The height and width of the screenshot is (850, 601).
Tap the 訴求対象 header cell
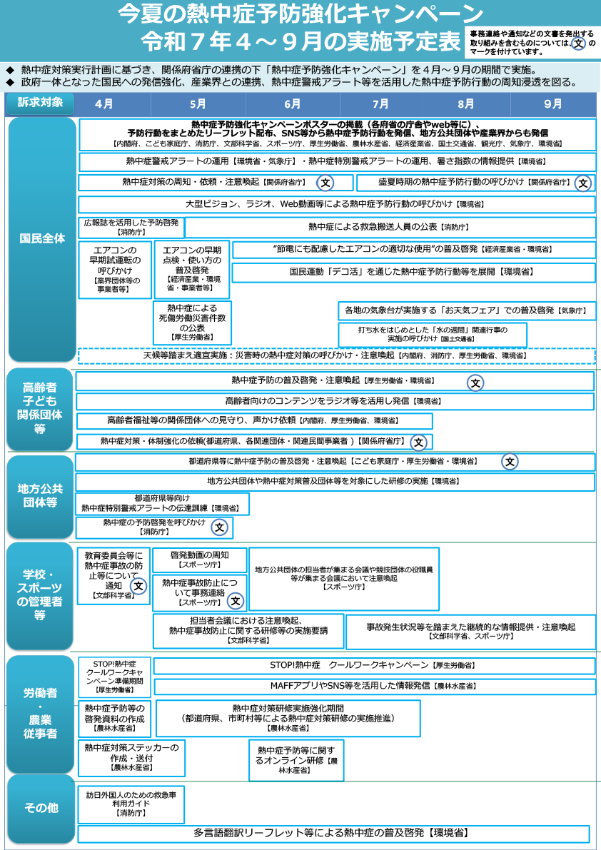click(40, 103)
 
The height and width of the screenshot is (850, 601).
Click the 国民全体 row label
click(41, 238)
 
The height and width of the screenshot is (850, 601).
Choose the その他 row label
click(41, 808)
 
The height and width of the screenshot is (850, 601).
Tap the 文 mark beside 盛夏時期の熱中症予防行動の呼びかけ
click(583, 183)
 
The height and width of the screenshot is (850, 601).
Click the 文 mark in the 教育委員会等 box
click(138, 586)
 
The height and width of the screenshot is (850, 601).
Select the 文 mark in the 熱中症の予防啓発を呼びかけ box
click(220, 527)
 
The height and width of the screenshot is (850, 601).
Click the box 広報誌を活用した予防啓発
click(131, 228)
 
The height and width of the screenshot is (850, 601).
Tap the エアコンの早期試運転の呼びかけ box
click(115, 270)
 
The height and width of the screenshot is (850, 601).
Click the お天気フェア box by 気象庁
click(466, 311)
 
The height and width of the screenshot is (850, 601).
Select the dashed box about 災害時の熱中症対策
click(336, 355)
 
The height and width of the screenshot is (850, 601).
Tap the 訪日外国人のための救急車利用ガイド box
click(131, 803)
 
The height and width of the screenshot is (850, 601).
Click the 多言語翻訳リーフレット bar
click(333, 834)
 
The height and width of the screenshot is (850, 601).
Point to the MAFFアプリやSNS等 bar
click(374, 686)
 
